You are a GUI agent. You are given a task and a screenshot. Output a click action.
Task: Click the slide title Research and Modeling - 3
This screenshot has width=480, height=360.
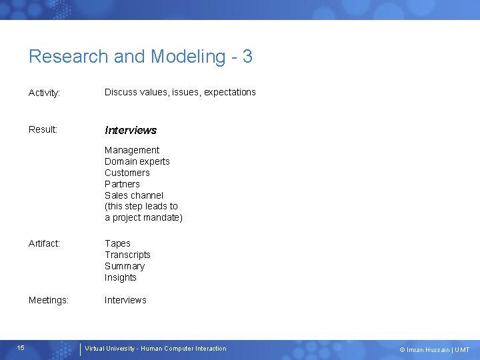pos(140,57)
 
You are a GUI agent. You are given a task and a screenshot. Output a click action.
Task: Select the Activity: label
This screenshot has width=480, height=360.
pos(45,93)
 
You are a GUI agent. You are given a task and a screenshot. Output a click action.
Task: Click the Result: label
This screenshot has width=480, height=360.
pos(43,129)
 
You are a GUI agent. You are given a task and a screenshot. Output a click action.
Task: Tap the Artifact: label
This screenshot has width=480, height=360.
pos(44,244)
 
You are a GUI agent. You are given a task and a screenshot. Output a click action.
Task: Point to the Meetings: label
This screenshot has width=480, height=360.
pos(49,301)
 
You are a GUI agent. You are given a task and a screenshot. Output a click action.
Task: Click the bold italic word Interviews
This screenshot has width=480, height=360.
pos(131,130)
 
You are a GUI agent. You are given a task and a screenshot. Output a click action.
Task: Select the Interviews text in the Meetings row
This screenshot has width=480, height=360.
pos(125,300)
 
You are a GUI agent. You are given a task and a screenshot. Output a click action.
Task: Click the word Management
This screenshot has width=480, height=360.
pos(132,150)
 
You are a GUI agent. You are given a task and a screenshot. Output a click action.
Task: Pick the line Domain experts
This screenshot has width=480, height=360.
pos(137,161)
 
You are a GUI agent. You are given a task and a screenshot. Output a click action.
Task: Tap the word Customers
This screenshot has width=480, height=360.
pos(127,173)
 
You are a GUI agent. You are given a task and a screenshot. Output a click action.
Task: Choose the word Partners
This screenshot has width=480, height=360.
pos(122,184)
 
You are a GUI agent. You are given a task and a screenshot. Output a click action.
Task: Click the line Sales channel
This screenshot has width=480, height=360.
pos(134,195)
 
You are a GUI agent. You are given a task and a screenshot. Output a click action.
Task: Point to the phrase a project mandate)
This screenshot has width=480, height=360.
pos(143,217)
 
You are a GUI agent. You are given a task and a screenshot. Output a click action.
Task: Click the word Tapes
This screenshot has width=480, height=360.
pos(117,243)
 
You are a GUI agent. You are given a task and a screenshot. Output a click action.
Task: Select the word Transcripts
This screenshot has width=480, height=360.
pos(127,255)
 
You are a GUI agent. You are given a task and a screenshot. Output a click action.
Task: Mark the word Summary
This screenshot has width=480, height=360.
pos(125,266)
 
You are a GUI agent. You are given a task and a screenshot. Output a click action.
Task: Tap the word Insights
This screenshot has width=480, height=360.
pos(121,277)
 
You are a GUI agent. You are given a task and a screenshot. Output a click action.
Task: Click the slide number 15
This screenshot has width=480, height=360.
pos(21,348)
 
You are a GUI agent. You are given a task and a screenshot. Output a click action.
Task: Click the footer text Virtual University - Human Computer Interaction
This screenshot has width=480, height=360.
pos(155,349)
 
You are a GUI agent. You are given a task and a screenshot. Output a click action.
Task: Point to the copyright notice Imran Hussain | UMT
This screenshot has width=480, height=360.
pos(434,349)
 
